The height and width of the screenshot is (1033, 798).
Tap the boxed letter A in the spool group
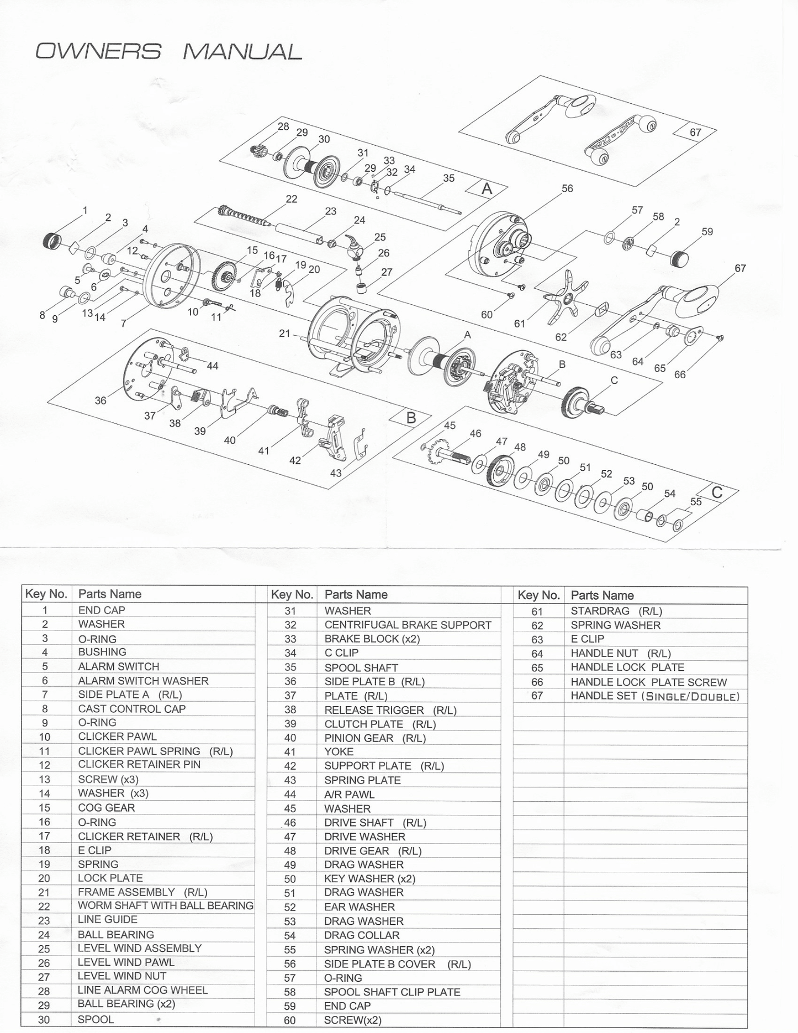pos(487,189)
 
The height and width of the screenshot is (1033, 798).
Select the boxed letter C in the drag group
pos(717,492)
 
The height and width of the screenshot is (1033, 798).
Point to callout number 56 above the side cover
pos(567,188)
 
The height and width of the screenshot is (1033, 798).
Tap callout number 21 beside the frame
pos(284,333)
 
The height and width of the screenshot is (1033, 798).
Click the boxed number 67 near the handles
pos(695,132)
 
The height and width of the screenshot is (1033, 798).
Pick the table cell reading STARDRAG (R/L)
pos(616,611)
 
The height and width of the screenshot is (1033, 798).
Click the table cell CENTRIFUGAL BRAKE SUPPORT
pos(408,624)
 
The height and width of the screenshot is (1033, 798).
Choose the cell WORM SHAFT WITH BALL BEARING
pos(165,905)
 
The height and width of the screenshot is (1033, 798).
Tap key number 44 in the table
pos(290,794)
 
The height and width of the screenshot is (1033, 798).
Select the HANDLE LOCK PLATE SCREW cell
pos(648,682)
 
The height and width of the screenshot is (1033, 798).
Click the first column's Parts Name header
pos(110,594)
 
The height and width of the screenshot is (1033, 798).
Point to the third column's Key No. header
pos(538,595)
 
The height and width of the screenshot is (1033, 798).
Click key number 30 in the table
pos(44,1020)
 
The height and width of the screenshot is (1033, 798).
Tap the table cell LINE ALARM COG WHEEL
pos(142,990)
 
